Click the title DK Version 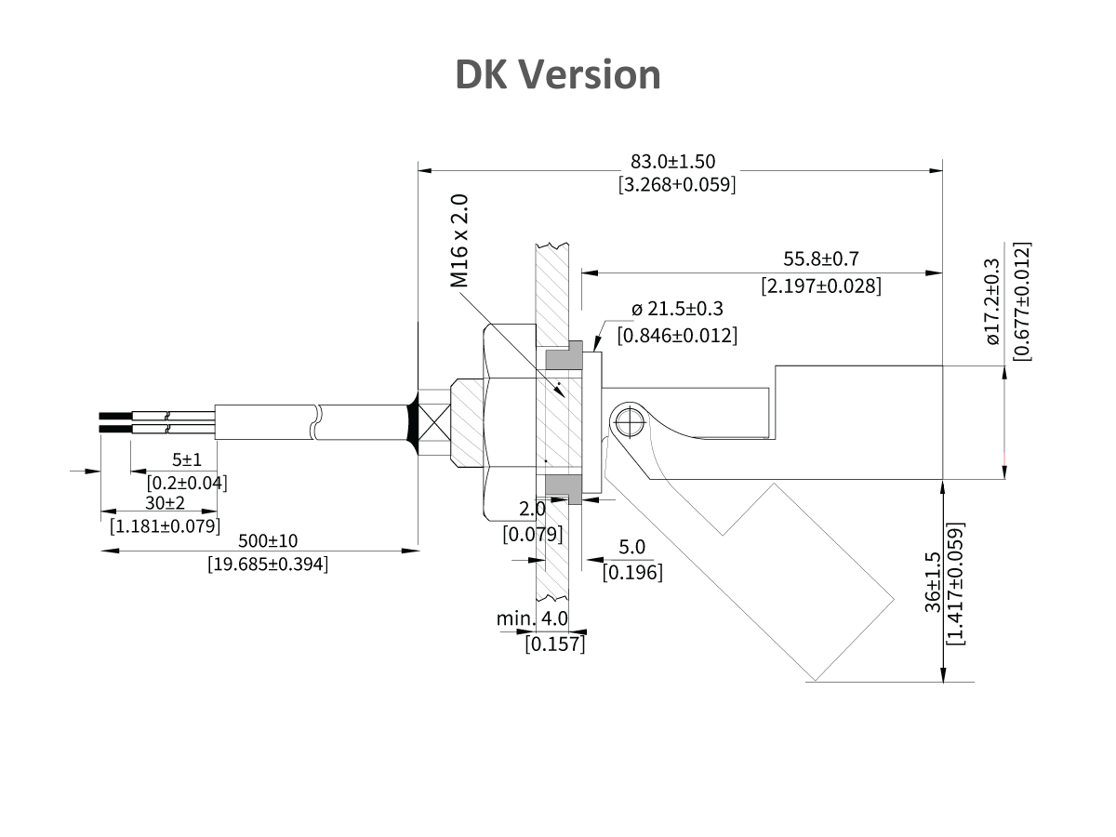point(557,74)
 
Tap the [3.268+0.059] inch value point(676,184)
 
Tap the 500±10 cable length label point(267,541)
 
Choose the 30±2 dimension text point(165,503)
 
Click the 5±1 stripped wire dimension point(187,460)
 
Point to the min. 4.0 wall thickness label point(531,619)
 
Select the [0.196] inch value point(632,572)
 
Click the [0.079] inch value point(532,534)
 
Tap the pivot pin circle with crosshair point(630,424)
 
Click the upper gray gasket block point(564,355)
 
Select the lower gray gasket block point(564,488)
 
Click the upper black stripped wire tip point(114,415)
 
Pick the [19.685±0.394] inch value point(267,564)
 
